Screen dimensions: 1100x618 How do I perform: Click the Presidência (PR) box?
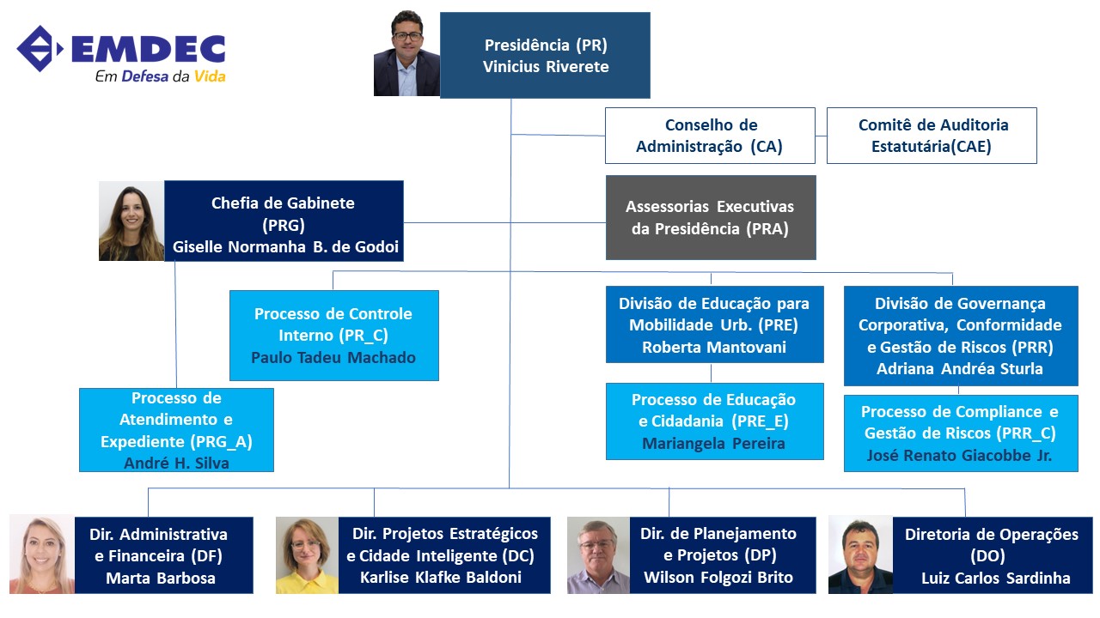coord(545,56)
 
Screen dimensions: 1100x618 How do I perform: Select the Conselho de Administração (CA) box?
coord(710,136)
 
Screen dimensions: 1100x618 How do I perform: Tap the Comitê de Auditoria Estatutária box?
coord(932,136)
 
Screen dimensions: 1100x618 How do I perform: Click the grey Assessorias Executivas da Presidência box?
coord(711,217)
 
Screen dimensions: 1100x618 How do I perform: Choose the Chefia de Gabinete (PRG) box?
coord(284,221)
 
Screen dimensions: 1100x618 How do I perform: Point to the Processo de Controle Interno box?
coord(334,336)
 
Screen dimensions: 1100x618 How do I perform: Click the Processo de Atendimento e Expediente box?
coord(176,430)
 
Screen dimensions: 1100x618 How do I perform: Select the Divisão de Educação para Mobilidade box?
coord(714,324)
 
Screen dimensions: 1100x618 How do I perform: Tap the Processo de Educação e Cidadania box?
coord(714,421)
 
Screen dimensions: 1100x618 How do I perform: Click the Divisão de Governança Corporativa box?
coord(961,336)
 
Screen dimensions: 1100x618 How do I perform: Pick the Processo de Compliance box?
coord(961,433)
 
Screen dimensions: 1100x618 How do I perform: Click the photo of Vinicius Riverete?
coord(406,53)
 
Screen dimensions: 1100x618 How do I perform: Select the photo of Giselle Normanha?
coord(131,221)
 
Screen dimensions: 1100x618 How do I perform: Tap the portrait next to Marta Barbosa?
coord(42,554)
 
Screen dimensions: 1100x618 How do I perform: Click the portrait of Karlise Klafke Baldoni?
coord(307,555)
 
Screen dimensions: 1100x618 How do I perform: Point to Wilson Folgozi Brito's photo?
coord(598,555)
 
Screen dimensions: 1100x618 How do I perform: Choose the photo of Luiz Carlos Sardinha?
coord(860,554)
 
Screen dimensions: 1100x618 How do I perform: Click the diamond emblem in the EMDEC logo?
coord(40,49)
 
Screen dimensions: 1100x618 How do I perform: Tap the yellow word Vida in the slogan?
coord(210,76)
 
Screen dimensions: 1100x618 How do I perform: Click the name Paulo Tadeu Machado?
coord(333,358)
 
